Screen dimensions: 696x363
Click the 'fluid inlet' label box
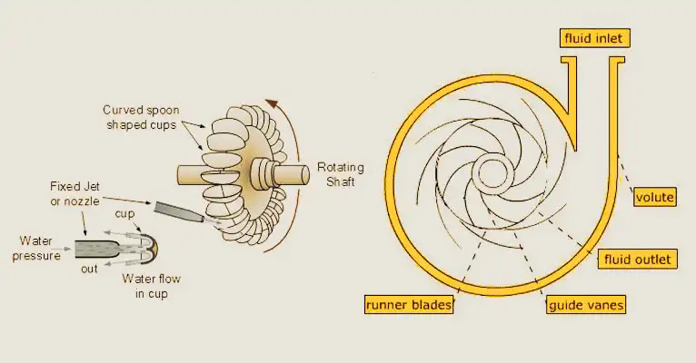point(594,38)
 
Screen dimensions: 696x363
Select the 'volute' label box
point(655,197)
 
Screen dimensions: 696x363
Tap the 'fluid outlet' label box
point(638,260)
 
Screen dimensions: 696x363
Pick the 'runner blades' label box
point(408,305)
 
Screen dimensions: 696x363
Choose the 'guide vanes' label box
point(586,305)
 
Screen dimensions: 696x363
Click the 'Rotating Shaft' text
point(341,174)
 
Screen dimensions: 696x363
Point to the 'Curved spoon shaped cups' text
point(141,117)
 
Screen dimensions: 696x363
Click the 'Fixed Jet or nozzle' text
point(75,193)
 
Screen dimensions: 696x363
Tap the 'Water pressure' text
point(36,249)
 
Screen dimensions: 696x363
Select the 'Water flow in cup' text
point(152,286)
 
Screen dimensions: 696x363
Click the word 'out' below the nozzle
point(89,269)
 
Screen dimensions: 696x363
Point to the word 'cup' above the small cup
point(124,214)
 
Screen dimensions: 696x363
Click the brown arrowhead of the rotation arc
point(272,103)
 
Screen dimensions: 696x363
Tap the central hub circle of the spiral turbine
point(492,173)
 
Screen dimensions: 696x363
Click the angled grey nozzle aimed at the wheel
point(179,211)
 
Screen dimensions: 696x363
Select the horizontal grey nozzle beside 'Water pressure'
point(96,249)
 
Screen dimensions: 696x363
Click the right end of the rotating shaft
point(304,174)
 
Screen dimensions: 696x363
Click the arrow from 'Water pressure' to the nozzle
point(65,249)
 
